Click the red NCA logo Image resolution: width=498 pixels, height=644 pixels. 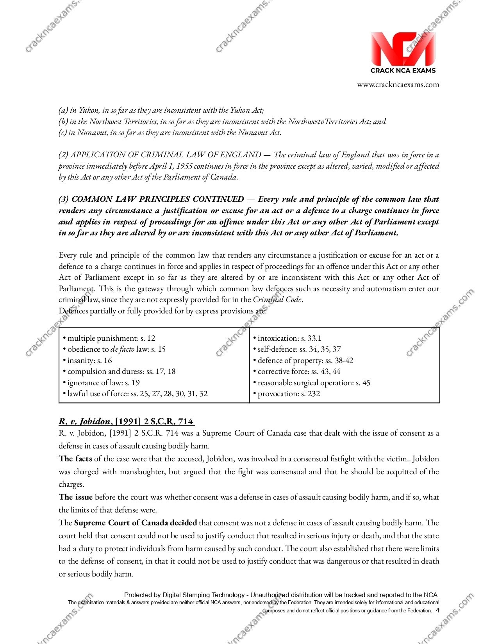(x=403, y=49)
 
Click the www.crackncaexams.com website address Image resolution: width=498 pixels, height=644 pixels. (x=398, y=85)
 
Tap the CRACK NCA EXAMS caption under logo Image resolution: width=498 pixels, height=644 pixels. (x=403, y=71)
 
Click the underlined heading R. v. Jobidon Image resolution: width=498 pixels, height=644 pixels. (x=126, y=421)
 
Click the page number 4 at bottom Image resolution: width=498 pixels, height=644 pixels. (x=437, y=610)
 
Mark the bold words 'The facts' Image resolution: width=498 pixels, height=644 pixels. (x=75, y=459)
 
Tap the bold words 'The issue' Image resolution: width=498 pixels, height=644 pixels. (x=75, y=497)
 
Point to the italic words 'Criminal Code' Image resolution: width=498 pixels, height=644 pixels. (x=277, y=299)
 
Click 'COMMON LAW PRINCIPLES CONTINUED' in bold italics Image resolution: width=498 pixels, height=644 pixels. (x=158, y=199)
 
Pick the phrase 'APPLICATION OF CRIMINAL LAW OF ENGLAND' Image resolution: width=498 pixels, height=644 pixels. (x=166, y=155)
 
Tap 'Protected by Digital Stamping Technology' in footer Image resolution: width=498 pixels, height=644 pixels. (x=184, y=595)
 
